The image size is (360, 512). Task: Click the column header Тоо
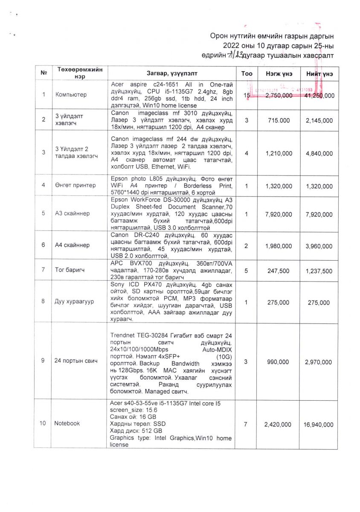(247, 73)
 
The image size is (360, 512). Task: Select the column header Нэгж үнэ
(279, 73)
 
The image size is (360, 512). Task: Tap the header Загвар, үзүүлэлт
(172, 73)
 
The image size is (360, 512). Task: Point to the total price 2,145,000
(319, 121)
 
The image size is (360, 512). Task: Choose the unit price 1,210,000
(279, 154)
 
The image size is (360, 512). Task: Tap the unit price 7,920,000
(279, 213)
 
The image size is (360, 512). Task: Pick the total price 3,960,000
(319, 246)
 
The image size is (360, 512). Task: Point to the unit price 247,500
(279, 271)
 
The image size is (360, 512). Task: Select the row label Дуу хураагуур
(73, 302)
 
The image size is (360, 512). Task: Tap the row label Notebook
(67, 423)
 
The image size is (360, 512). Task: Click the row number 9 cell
(43, 361)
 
